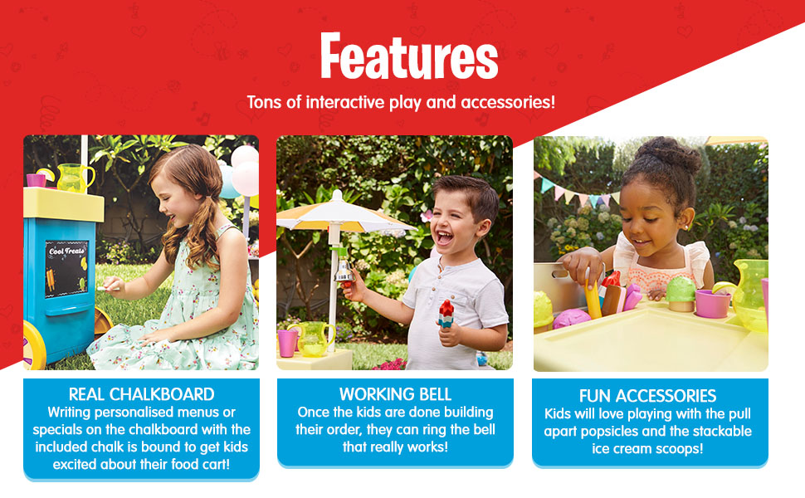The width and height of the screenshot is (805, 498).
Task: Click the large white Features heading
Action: [x=409, y=56]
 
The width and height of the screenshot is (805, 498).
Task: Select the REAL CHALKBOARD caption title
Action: [x=142, y=394]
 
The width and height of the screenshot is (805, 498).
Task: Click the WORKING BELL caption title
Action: [x=395, y=394]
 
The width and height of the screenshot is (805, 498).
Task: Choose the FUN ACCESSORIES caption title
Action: [x=648, y=396]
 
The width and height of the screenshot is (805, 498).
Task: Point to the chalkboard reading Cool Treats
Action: [x=66, y=269]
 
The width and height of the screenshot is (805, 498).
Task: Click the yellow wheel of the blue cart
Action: [x=35, y=345]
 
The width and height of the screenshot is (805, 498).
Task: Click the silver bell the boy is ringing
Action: [x=344, y=271]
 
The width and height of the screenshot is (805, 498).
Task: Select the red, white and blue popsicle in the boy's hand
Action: [x=446, y=314]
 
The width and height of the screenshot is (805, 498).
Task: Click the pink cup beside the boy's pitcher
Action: [x=287, y=343]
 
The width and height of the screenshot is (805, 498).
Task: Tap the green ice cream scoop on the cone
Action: [x=681, y=289]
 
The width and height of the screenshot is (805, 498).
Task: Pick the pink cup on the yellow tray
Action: [x=713, y=304]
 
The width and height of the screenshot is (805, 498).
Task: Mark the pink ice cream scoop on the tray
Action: [x=572, y=318]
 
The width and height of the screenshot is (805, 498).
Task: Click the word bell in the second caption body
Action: [x=485, y=429]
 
